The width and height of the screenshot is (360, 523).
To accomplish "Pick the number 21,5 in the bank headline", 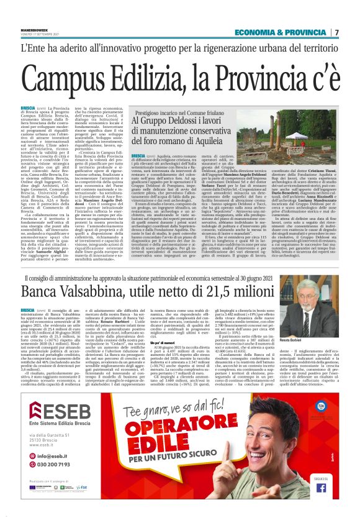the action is [x=233, y=288].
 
